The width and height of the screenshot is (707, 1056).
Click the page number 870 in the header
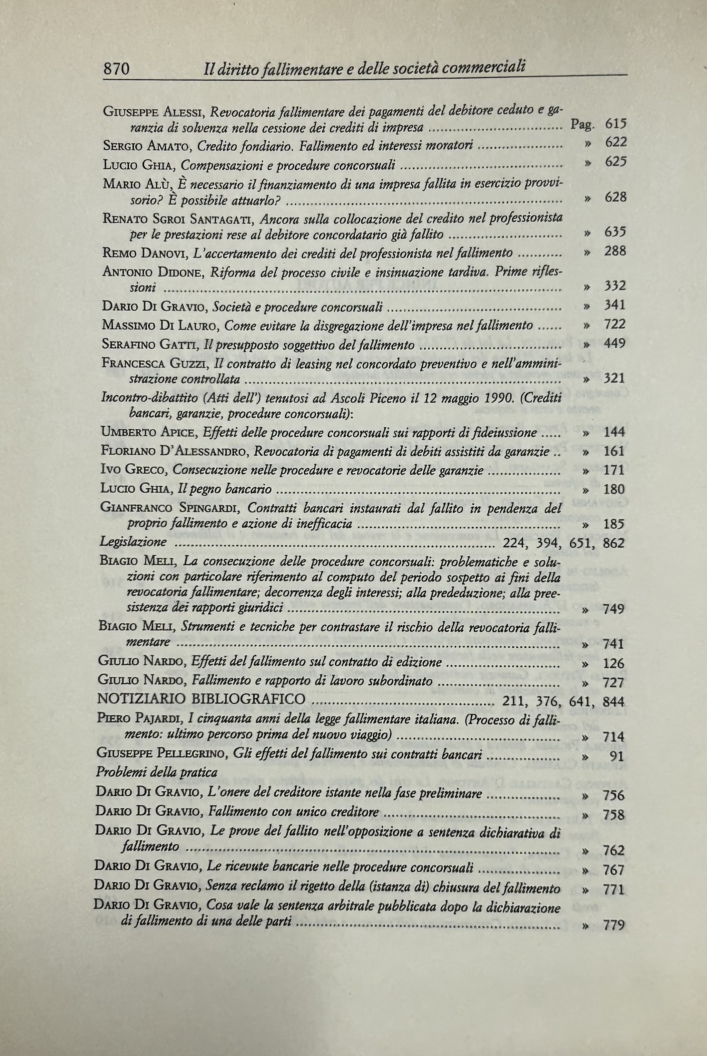tap(117, 69)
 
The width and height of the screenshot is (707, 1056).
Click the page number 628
tap(615, 197)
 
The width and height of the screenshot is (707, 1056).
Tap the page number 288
tap(615, 251)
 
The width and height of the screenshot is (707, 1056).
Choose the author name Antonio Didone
tap(153, 272)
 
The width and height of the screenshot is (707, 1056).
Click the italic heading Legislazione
tap(133, 542)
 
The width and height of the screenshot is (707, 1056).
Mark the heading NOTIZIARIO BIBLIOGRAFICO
tap(201, 700)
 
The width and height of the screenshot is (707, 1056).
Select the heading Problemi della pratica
tap(156, 773)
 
